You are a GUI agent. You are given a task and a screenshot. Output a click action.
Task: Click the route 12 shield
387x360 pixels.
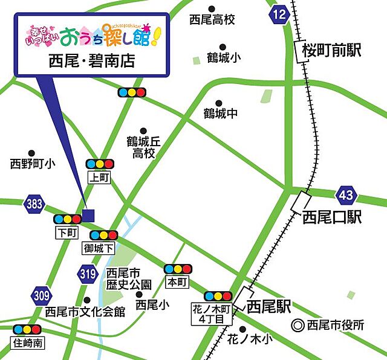coord(279,15)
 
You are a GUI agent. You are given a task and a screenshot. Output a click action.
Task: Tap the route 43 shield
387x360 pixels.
coord(346,196)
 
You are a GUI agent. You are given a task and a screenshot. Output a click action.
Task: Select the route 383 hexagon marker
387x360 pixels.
coord(34,204)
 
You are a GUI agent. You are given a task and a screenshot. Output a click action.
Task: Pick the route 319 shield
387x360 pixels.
coord(87,274)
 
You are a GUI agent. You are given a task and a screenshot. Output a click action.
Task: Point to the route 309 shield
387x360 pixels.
coord(41,295)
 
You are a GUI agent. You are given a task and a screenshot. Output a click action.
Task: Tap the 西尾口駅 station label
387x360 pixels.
coord(332,217)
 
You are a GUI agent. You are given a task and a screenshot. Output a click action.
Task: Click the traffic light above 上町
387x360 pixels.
coord(99,164)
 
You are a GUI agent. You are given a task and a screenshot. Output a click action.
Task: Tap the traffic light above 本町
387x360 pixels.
coord(177,269)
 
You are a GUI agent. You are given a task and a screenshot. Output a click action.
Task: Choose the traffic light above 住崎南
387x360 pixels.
coord(27,329)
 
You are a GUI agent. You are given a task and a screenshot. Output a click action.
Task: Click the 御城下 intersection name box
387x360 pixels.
coord(100,248)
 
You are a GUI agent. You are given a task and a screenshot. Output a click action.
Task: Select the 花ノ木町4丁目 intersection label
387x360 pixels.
coord(216,313)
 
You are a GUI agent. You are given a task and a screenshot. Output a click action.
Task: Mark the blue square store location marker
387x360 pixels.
coord(88,214)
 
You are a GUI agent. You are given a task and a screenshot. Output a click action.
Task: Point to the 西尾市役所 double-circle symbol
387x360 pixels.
coord(297,324)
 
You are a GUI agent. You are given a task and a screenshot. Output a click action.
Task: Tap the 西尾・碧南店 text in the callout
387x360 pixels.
coord(91,62)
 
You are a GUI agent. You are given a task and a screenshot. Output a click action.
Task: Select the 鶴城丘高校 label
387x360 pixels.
coord(144,147)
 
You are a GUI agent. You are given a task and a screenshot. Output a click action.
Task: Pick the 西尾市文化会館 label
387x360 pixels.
coord(85,312)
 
